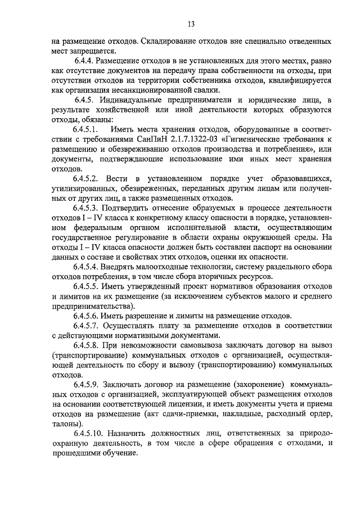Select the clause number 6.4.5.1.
tap(87, 130)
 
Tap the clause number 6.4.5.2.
tap(87, 177)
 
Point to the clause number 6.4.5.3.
tap(87, 208)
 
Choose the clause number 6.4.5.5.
tap(87, 286)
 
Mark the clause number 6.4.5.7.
tap(87, 326)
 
